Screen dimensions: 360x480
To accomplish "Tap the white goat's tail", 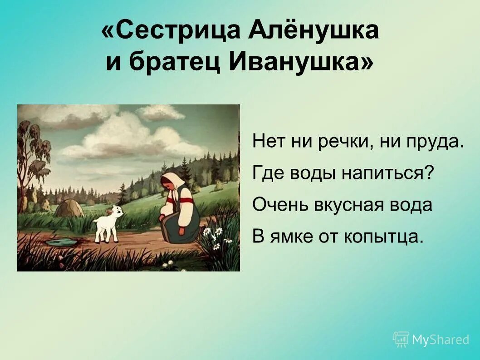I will [94, 220].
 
